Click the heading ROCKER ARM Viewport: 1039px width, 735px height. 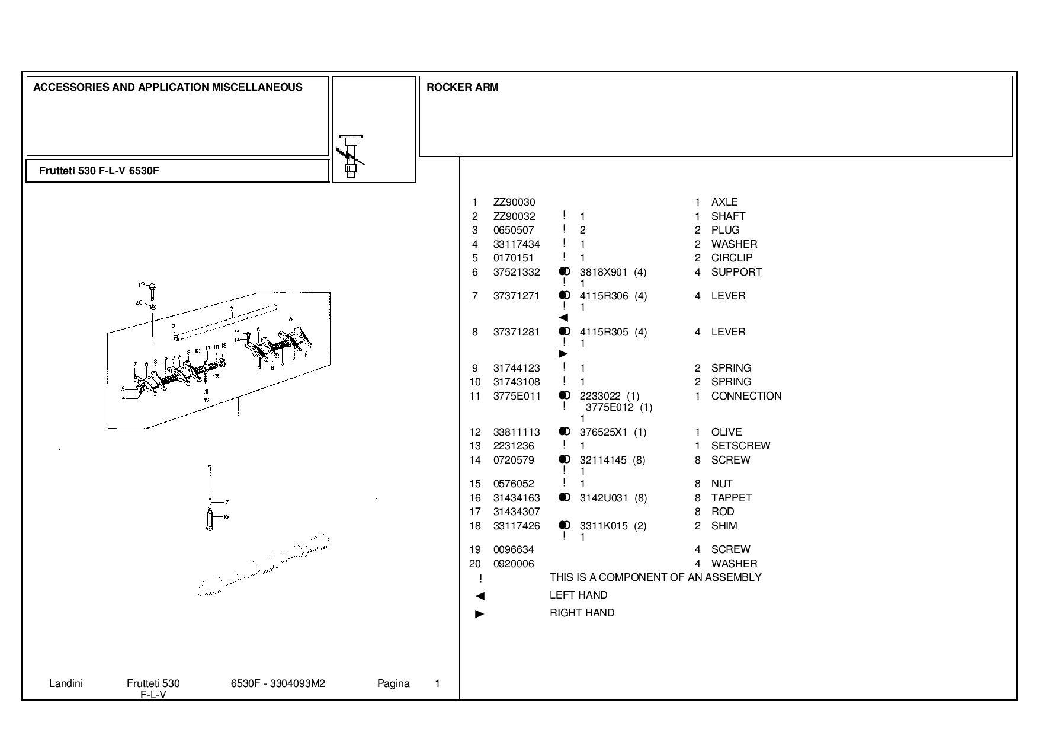(463, 87)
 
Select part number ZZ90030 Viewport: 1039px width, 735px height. (514, 202)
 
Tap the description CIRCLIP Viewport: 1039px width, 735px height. (732, 258)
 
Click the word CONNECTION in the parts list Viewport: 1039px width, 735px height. (746, 396)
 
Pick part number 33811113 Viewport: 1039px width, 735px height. (517, 432)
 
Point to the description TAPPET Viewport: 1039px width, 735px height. (732, 498)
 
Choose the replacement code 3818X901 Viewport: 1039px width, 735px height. (603, 272)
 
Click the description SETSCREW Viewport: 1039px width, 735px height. (741, 446)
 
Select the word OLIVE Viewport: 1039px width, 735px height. (727, 432)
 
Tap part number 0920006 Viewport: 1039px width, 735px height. (514, 564)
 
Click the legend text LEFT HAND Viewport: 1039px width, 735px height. (578, 595)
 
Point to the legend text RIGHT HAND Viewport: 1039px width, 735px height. (582, 613)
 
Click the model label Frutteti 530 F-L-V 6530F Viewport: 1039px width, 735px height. (99, 171)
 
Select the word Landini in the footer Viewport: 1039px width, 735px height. (66, 683)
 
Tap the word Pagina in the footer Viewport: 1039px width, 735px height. (393, 683)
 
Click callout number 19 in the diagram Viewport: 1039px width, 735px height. (142, 285)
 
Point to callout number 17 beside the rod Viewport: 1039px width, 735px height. (226, 503)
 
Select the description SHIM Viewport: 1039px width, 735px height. (724, 526)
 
